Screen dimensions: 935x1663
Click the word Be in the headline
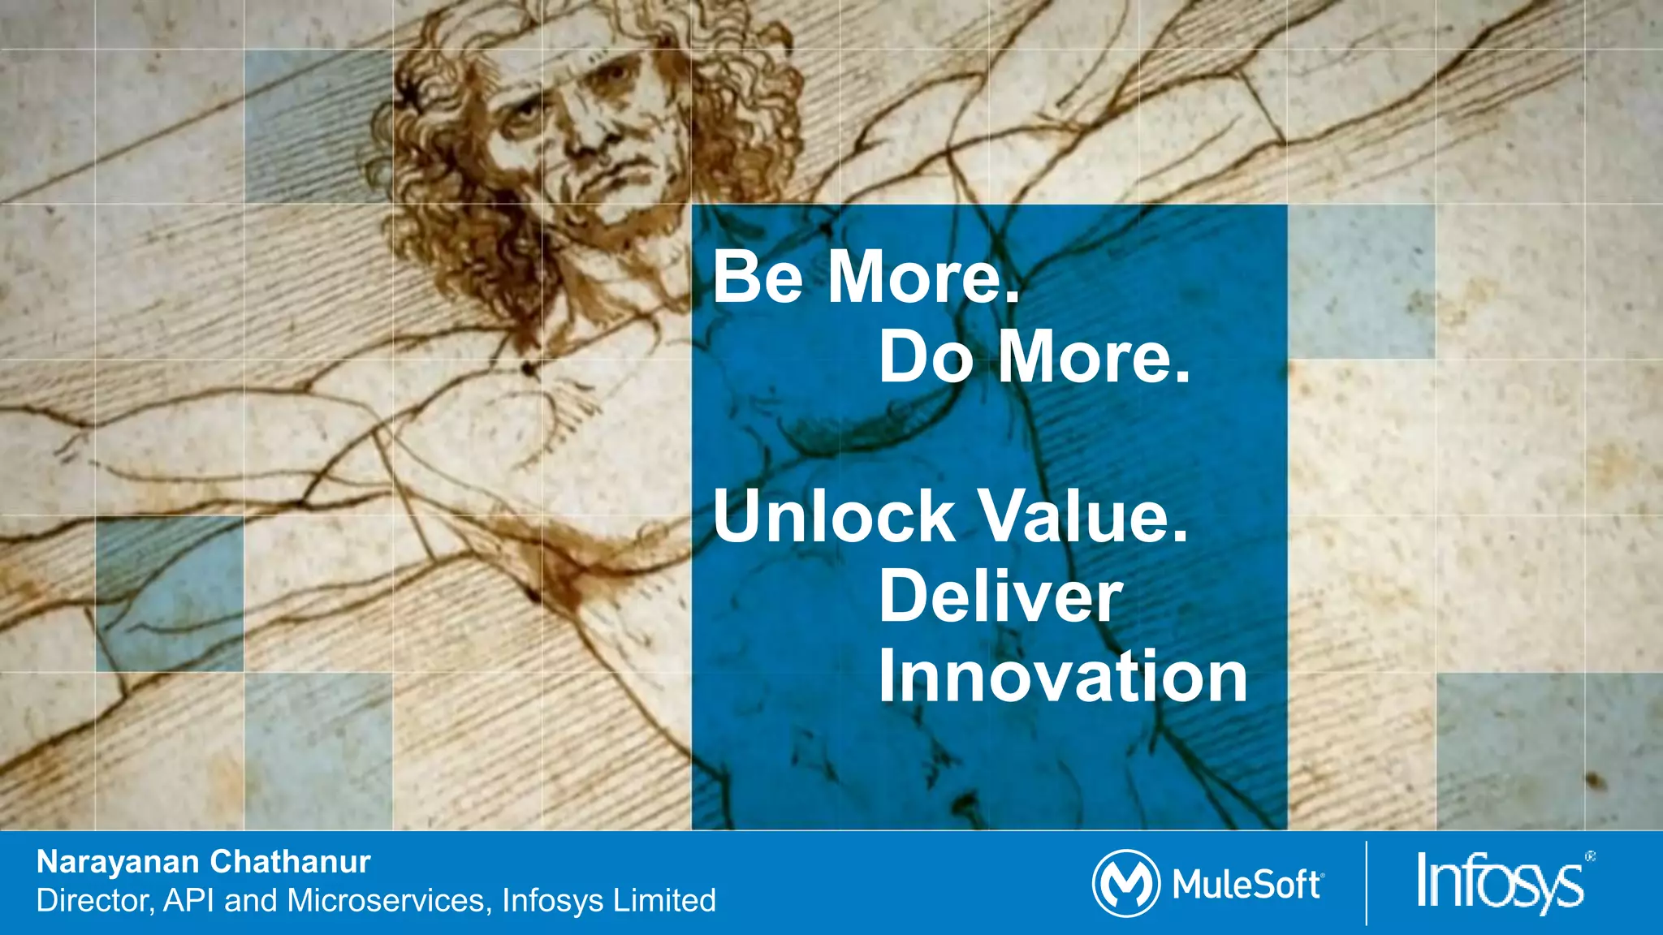pos(758,277)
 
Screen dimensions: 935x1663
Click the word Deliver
pos(1000,597)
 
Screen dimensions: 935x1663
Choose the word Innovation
pos(1063,676)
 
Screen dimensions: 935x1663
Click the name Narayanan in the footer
pos(118,862)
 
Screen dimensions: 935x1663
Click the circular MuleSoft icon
pos(1125,884)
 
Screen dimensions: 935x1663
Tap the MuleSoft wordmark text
pos(1247,885)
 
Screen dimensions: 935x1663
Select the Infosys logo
pos(1500,882)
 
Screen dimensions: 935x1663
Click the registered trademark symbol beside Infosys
pos(1590,856)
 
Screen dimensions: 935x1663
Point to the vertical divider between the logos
pos(1367,884)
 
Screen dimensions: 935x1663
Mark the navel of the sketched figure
pos(529,369)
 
